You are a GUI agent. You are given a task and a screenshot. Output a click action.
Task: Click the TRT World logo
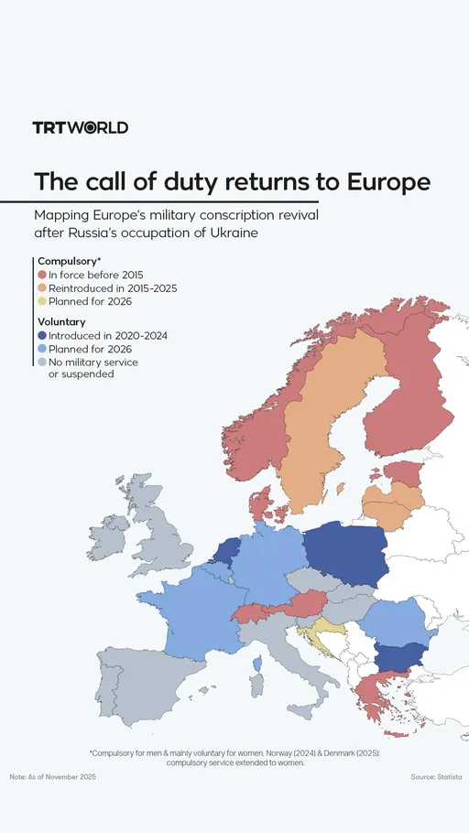[x=81, y=127]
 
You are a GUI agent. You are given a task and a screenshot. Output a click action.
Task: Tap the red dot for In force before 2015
[x=42, y=275]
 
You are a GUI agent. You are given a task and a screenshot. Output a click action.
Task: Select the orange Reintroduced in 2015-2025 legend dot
[x=42, y=288]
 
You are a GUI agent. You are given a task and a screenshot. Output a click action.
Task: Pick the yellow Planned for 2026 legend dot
[x=42, y=302]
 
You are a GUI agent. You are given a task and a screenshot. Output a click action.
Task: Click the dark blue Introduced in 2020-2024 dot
[x=42, y=336]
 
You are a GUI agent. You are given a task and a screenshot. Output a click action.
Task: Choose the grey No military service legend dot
[x=42, y=362]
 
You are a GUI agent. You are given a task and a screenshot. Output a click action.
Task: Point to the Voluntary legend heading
[x=61, y=322]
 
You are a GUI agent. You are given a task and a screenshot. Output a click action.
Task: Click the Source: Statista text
[x=436, y=776]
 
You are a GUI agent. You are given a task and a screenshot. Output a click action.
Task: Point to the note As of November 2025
[x=52, y=776]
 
